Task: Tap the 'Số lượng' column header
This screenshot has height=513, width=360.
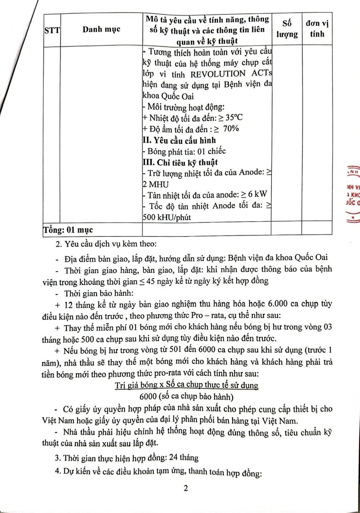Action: [287, 29]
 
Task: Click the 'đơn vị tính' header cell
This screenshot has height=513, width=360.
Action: [317, 29]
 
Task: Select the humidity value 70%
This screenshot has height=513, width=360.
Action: [231, 129]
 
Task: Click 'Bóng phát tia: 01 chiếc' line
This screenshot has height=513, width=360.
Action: [184, 151]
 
